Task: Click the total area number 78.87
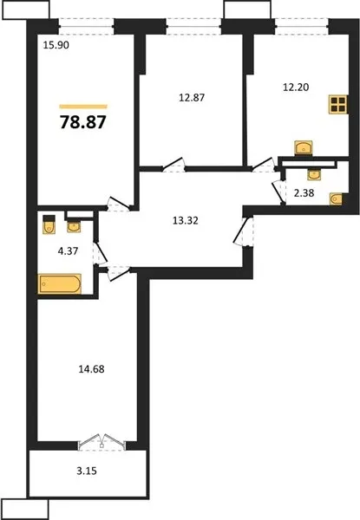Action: tap(83, 121)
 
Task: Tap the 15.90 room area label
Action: tap(56, 45)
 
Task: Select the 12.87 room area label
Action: tap(192, 97)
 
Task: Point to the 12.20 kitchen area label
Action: tap(296, 87)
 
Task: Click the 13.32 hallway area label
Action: tap(186, 220)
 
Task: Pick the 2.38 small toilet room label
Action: tap(304, 192)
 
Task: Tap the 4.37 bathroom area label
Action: tap(68, 251)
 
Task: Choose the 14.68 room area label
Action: tap(91, 369)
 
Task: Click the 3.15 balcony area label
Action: tap(87, 471)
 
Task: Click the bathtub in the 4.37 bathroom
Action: tap(60, 283)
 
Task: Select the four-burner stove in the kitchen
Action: tap(338, 105)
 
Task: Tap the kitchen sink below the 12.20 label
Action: tap(304, 148)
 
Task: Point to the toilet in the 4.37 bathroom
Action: tap(49, 224)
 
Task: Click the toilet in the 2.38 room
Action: tap(337, 199)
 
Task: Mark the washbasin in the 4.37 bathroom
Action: tap(74, 227)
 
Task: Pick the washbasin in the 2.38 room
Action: tap(313, 174)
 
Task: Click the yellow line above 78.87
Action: tap(83, 107)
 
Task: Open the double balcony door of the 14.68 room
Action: tap(101, 442)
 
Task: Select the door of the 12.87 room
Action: tap(173, 165)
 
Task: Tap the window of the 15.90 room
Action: tap(87, 27)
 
